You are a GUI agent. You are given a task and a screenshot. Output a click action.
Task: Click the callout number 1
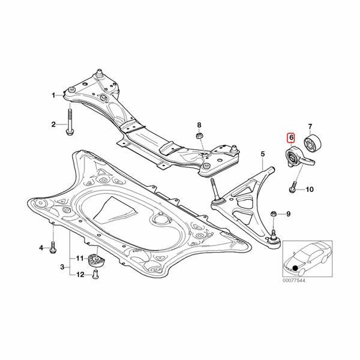point(53,95)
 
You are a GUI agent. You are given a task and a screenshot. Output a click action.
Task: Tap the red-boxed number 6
point(292,137)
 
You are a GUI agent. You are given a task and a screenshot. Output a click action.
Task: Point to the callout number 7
point(310,126)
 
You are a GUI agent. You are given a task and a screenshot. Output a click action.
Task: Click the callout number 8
point(199,124)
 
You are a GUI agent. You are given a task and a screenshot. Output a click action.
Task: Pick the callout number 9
point(287,214)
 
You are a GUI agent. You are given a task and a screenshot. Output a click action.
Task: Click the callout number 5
point(262,155)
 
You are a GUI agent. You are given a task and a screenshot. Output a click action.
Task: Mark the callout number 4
point(42,247)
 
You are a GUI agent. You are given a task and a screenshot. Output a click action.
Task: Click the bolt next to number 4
point(53,246)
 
